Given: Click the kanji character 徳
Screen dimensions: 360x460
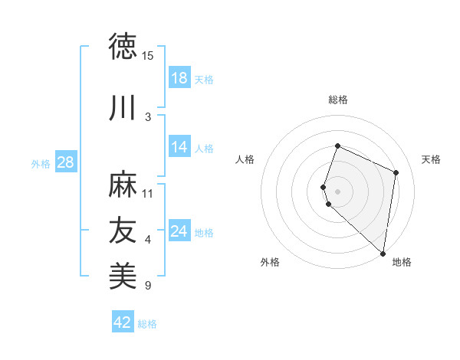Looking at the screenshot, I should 123,47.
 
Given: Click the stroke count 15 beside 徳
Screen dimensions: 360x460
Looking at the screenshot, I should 148,56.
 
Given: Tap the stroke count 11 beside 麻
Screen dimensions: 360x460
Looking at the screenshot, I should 148,193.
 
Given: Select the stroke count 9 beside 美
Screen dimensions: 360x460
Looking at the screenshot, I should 148,286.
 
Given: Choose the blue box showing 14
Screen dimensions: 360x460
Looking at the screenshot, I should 179,147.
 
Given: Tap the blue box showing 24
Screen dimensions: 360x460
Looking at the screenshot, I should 179,231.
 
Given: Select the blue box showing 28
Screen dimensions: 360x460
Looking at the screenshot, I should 65,162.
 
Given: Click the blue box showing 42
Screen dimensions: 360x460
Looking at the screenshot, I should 123,322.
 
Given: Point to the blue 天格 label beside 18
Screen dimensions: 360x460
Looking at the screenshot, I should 204,80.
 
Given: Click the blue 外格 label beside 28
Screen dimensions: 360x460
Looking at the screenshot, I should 41,163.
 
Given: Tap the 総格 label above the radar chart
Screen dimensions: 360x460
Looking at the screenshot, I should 338,100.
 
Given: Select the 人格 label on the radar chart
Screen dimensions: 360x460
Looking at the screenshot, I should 245,159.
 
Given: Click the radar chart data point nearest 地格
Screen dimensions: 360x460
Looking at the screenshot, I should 383,254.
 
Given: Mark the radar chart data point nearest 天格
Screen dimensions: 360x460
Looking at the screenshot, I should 396,172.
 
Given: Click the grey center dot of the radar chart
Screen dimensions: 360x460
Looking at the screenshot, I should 338,191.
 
